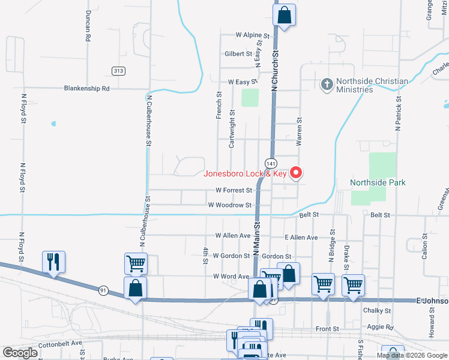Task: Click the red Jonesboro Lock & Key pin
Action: [x=296, y=173]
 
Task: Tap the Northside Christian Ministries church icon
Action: [x=327, y=85]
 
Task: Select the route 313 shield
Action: [x=118, y=71]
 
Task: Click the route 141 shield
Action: [x=271, y=163]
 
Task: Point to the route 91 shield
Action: [x=103, y=290]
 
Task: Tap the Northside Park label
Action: [x=378, y=182]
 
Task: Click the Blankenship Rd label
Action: [x=87, y=88]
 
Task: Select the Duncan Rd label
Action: [x=88, y=26]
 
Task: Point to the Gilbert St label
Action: [x=238, y=54]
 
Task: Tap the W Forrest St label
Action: [x=234, y=190]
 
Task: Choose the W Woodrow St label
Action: [x=229, y=205]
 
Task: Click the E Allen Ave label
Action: [x=301, y=238]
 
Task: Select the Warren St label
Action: [x=298, y=131]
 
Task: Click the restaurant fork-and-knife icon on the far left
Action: [x=53, y=262]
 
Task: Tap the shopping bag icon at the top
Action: [x=285, y=14]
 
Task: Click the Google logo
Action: [x=20, y=353]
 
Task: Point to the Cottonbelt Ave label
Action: [x=59, y=346]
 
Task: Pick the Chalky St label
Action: [x=377, y=311]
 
